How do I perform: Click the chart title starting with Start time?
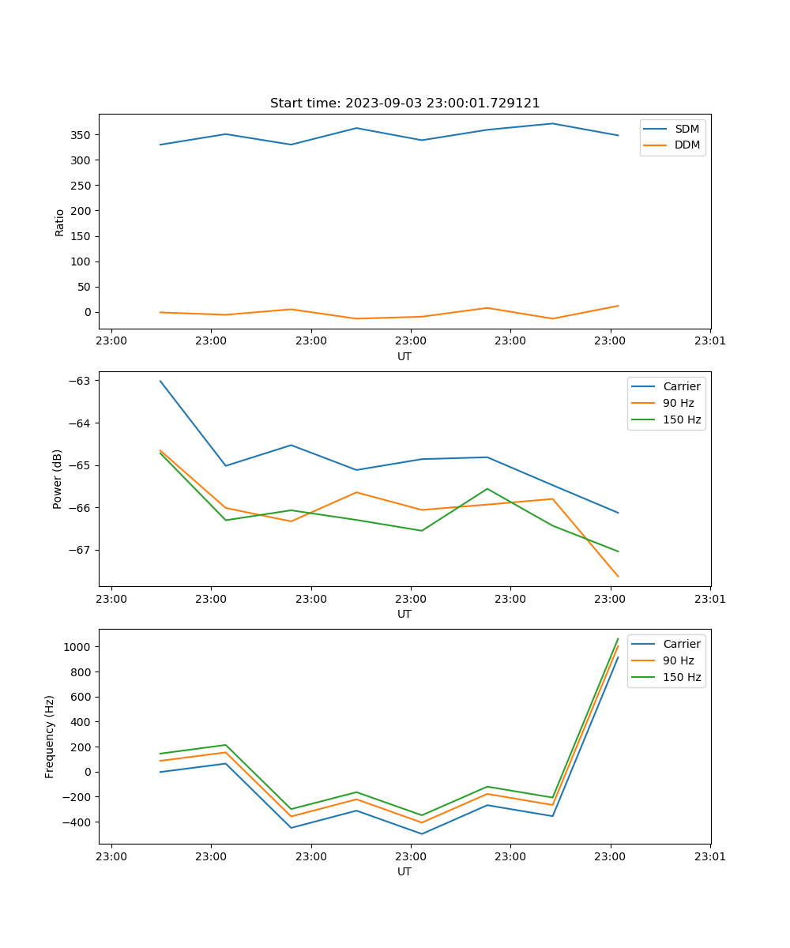(404, 103)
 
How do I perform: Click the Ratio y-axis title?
(60, 222)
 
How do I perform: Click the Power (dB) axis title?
(58, 480)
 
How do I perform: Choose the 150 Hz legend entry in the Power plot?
(682, 419)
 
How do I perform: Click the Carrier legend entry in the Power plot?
(681, 386)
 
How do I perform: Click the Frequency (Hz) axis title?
(50, 736)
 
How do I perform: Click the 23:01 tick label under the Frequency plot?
(710, 856)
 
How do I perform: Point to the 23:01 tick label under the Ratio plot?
(710, 340)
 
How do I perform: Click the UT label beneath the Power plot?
(404, 614)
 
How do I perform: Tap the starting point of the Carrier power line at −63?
(160, 381)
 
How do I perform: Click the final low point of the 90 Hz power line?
(618, 577)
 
